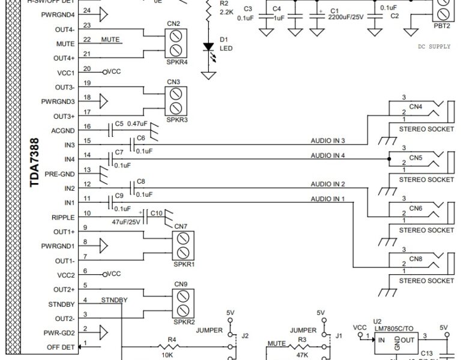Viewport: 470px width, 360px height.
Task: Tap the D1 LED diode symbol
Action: tap(208, 47)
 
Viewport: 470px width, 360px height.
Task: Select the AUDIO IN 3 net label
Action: tap(327, 140)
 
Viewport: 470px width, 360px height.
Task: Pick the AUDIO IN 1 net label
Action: tap(327, 199)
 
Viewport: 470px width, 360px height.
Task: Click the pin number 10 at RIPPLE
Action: tap(87, 213)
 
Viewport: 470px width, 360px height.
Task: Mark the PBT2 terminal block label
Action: tap(443, 26)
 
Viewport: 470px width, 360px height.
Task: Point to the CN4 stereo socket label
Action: tap(415, 107)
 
